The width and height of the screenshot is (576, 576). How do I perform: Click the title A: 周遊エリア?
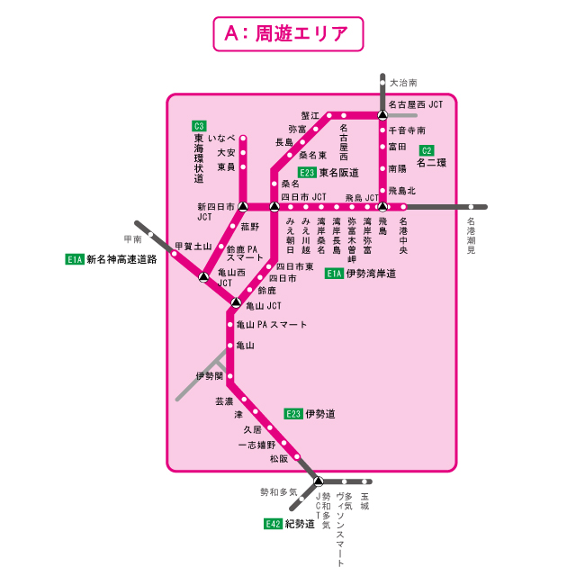(288, 34)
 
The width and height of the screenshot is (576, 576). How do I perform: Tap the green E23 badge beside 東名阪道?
(307, 172)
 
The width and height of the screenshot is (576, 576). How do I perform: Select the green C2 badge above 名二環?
(427, 150)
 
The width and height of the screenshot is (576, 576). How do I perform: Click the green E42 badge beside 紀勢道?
(273, 523)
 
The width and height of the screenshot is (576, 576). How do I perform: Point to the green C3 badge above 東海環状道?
(199, 125)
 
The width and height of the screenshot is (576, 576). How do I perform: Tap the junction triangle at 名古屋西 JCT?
(382, 115)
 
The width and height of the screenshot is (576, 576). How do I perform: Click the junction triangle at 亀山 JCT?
(236, 302)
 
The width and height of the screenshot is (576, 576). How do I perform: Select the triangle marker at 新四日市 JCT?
(242, 207)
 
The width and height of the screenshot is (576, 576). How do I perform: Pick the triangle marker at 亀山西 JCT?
(204, 275)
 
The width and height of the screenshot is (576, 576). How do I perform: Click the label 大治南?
(402, 82)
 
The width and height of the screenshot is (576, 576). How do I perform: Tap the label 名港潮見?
(470, 237)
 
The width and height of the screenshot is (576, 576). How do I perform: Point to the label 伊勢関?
(209, 375)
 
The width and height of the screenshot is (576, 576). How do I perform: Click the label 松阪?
(278, 458)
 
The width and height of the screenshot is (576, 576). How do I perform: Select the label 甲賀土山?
(193, 246)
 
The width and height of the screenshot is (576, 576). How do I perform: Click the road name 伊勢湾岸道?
(371, 273)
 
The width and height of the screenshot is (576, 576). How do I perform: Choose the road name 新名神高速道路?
(121, 259)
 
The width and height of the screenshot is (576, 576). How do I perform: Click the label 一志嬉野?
(256, 445)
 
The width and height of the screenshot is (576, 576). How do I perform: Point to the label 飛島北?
(401, 191)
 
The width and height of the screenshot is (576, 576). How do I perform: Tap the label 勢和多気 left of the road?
(278, 491)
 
